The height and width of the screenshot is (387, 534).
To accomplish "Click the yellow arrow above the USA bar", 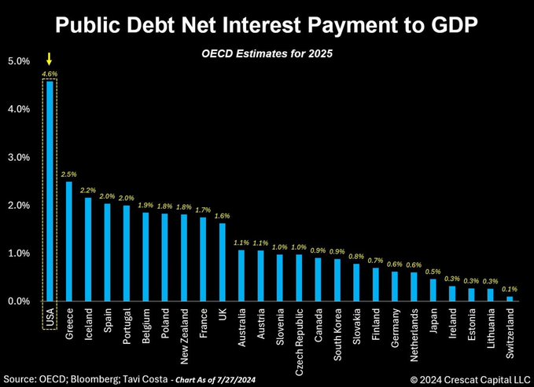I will pyautogui.click(x=50, y=59).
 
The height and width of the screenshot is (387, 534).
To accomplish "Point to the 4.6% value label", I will pyautogui.click(x=50, y=74).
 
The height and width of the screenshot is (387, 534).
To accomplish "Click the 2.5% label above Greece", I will pyautogui.click(x=69, y=174).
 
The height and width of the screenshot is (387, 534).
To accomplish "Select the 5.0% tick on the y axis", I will pyautogui.click(x=19, y=60).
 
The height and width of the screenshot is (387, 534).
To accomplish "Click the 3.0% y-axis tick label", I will pyautogui.click(x=19, y=157).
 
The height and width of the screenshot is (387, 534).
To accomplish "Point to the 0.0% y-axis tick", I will pyautogui.click(x=19, y=301).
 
